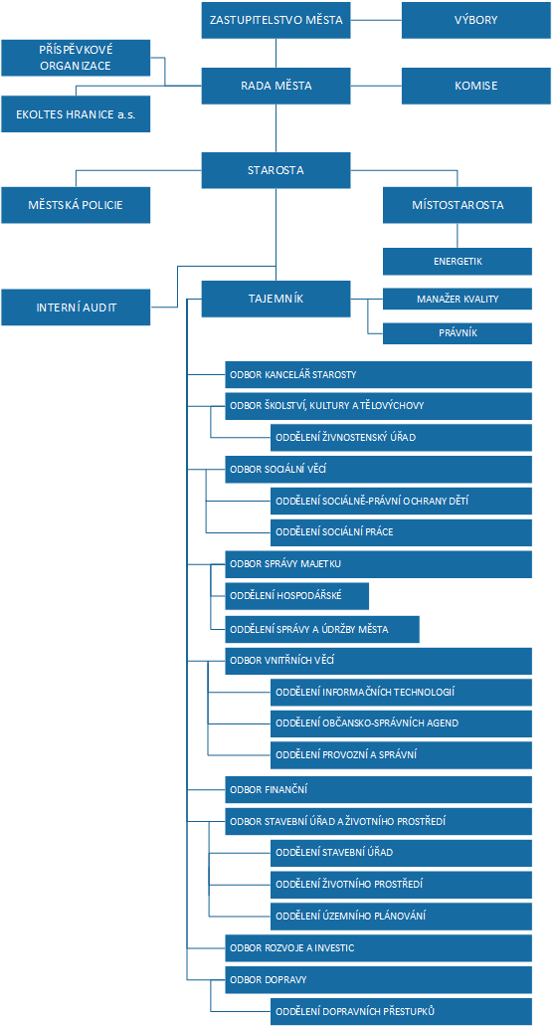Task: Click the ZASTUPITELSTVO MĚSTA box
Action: coord(276,20)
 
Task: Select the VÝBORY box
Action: coord(475,20)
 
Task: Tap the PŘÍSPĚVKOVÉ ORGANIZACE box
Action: coord(76,58)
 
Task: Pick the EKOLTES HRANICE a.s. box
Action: coord(76,114)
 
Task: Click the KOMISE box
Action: coord(475,86)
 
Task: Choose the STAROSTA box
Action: coord(276,170)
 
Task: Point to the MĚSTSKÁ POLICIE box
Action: coord(76,205)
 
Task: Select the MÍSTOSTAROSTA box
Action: coord(458,205)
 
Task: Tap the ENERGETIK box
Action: coord(458,261)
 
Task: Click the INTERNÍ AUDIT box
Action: coord(76,308)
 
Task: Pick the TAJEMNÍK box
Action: coord(276,299)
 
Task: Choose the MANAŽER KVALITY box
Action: coord(458,299)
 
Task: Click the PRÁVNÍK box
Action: coord(458,333)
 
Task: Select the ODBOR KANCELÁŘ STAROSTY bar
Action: coord(379,374)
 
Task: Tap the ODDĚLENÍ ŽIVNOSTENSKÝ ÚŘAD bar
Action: coord(402,438)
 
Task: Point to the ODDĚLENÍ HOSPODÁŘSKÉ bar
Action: coord(297,596)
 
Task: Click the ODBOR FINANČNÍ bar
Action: coord(379,789)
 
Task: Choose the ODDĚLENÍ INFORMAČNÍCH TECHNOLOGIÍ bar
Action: coord(402,693)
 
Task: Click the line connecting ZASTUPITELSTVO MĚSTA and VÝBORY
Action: coord(377,20)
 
